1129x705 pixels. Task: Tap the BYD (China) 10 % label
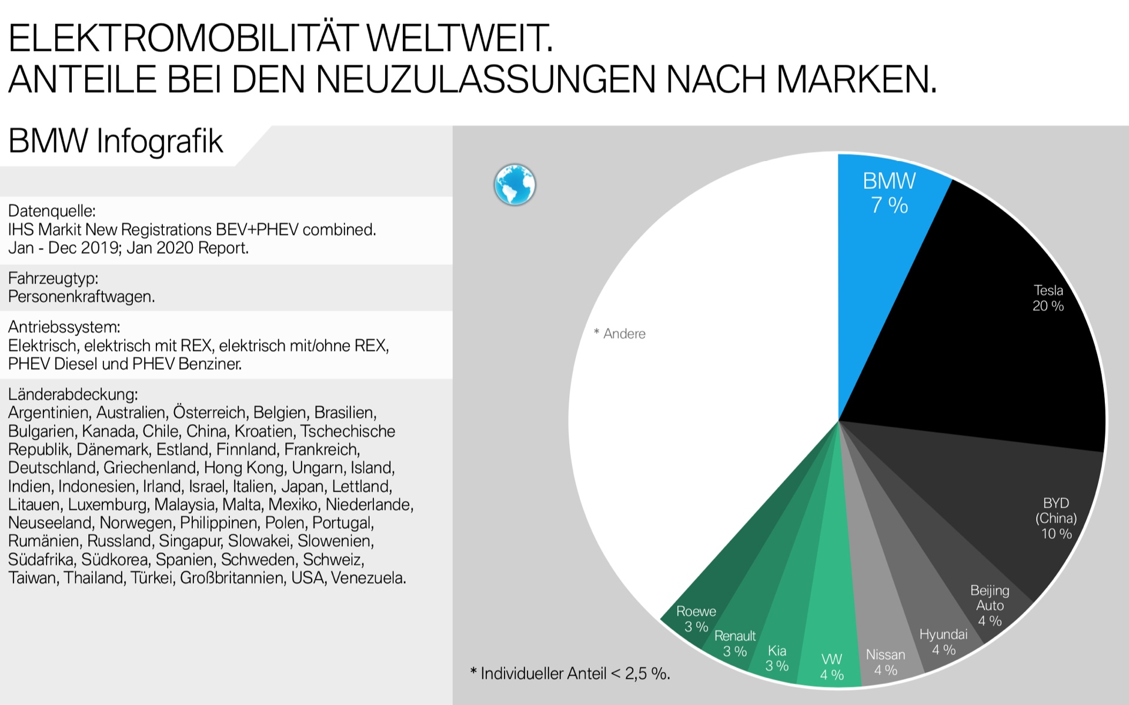1056,518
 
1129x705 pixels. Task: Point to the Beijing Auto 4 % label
990,605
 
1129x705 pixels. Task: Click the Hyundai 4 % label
943,642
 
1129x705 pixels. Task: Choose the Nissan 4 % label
886,662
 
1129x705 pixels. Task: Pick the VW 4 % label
832,667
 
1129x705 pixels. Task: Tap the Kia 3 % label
777,658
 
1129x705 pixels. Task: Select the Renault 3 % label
735,643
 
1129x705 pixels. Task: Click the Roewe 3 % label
696,619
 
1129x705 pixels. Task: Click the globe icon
515,184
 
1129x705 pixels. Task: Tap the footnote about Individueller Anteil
570,673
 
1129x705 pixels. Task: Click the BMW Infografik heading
116,142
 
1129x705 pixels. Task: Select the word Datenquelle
52,211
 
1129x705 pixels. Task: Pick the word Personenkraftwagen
81,297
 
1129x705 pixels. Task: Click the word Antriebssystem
64,327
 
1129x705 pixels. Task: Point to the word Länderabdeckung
73,394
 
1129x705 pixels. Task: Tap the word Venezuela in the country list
368,578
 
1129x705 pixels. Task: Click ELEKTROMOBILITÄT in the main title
182,39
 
